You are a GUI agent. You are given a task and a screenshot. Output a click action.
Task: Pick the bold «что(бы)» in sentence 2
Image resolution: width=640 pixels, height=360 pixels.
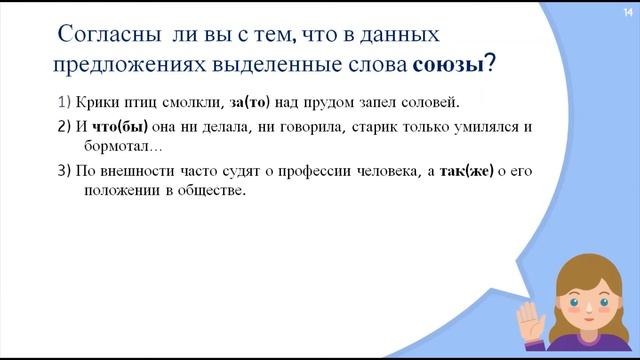tap(116, 127)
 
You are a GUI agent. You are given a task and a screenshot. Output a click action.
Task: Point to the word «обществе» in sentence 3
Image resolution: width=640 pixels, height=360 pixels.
tap(213, 189)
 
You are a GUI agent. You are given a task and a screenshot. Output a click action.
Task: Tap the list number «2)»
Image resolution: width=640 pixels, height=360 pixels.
tap(66, 127)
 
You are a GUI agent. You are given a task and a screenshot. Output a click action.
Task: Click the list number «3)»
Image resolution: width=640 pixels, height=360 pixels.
tap(66, 170)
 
